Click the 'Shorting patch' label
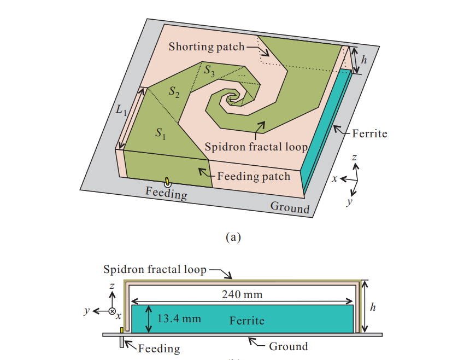(x=206, y=47)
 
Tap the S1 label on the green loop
(x=160, y=132)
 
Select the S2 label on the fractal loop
(x=174, y=92)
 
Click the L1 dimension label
(x=121, y=109)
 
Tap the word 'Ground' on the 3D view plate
(x=290, y=207)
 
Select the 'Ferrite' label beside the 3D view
(x=369, y=133)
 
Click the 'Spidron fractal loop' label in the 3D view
(x=256, y=147)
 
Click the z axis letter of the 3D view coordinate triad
(x=355, y=158)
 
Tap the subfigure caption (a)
(x=233, y=237)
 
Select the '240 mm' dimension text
(x=242, y=295)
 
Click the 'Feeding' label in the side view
(x=158, y=348)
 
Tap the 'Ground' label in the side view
(x=288, y=346)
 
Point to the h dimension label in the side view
(x=373, y=307)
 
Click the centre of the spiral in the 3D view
(x=232, y=99)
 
